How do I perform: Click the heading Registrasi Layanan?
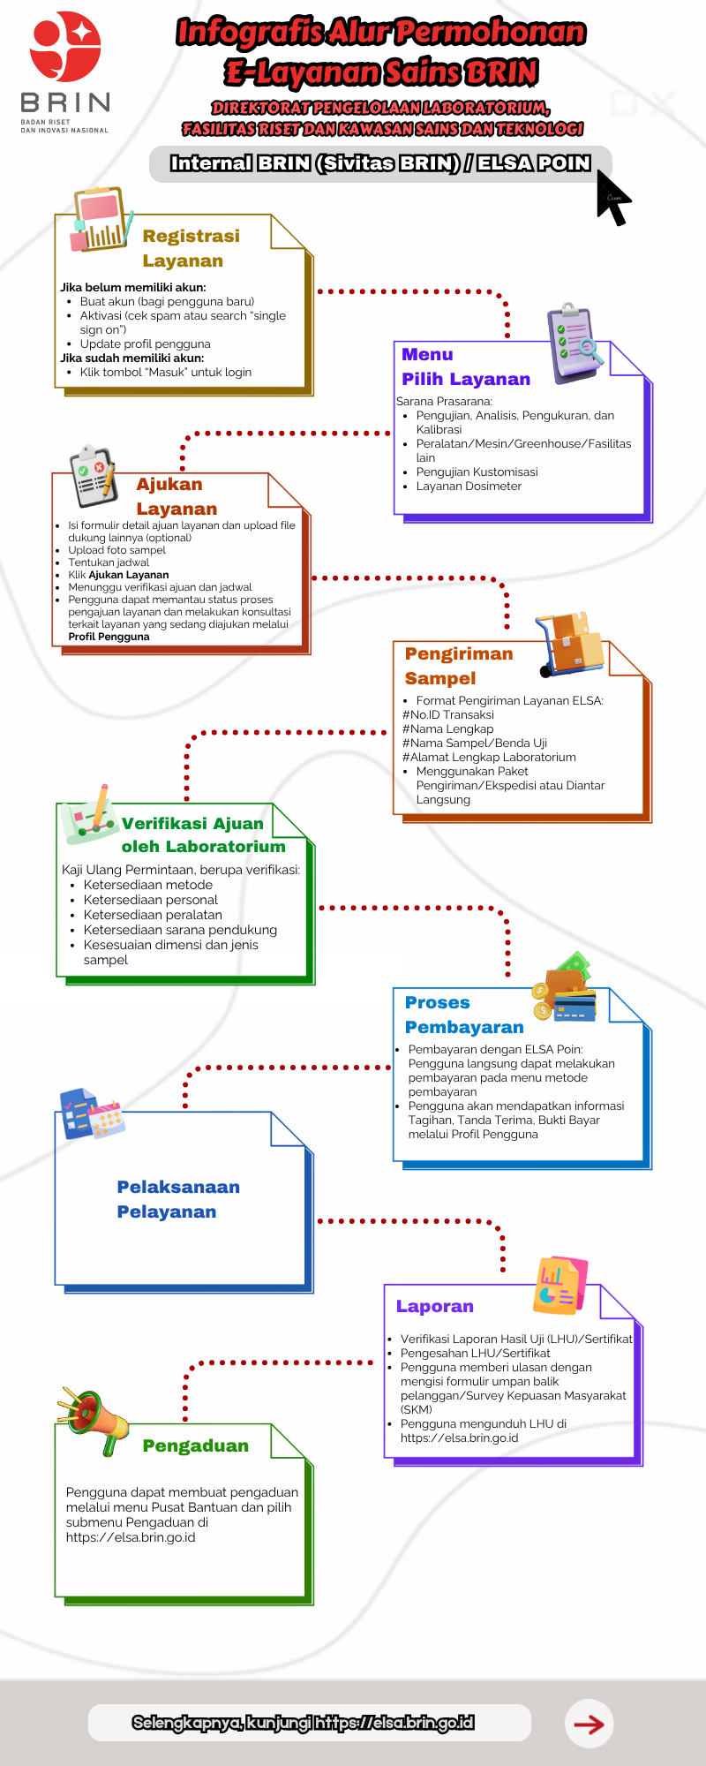click(x=191, y=248)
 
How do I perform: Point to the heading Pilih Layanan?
click(x=466, y=379)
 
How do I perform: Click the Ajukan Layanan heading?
click(x=176, y=496)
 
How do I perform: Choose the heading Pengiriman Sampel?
click(x=458, y=666)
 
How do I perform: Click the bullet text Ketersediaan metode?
click(x=148, y=885)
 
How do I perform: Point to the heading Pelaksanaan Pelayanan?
click(x=178, y=1199)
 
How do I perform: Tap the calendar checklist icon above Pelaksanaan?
click(x=91, y=1114)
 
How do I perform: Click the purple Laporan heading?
click(x=434, y=1306)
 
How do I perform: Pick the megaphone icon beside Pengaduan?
click(x=94, y=1419)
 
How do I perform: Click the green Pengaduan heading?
click(x=195, y=1445)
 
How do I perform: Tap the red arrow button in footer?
click(x=589, y=1724)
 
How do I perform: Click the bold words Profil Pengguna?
click(x=109, y=637)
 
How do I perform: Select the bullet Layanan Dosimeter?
click(x=469, y=486)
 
